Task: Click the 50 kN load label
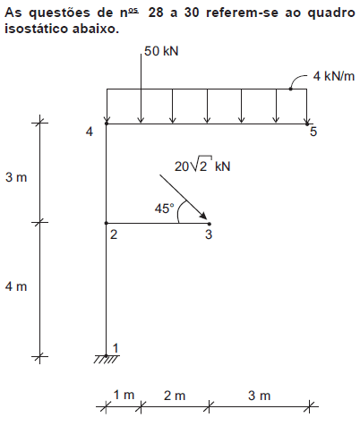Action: [161, 51]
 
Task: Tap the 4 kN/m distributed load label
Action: [334, 76]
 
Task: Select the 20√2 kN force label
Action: [202, 165]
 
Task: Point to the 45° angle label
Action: [164, 209]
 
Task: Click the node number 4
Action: [90, 132]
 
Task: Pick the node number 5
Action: [313, 132]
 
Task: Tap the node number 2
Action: [114, 234]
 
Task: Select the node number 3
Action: [209, 234]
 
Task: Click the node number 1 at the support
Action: [116, 348]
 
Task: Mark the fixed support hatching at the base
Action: [106, 360]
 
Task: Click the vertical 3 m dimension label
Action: [16, 177]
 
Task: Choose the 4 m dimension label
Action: [16, 286]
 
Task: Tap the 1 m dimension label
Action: [124, 395]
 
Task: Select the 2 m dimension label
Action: [175, 396]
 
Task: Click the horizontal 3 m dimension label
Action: [259, 396]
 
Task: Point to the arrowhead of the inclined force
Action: [203, 216]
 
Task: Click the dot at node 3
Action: [210, 224]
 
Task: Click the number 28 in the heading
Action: [156, 13]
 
